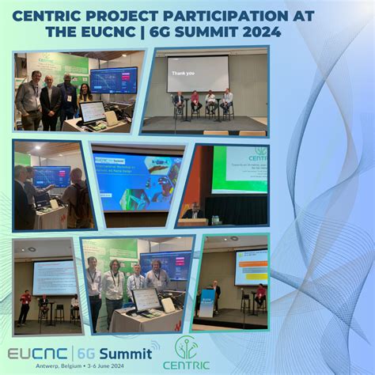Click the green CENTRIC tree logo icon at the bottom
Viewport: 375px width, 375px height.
coord(187,347)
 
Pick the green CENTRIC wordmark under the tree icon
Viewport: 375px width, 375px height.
coord(187,365)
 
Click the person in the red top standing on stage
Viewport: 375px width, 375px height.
coord(25,305)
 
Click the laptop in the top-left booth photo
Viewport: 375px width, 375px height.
coord(92,112)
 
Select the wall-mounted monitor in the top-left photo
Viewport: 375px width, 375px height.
coord(113,80)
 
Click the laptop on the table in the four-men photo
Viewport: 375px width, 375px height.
coord(146,299)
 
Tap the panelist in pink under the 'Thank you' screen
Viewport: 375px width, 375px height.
coord(194,101)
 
